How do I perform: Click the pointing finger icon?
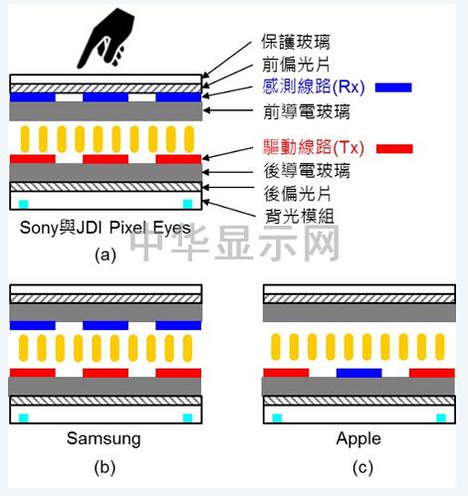click(106, 38)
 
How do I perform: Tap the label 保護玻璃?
click(296, 42)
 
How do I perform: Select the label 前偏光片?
click(296, 64)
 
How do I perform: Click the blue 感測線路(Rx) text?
click(314, 86)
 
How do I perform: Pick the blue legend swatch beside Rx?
click(393, 87)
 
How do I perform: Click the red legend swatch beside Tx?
click(394, 149)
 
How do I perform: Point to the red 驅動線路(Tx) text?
click(314, 147)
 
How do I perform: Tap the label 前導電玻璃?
click(307, 111)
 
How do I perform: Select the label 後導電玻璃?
click(307, 171)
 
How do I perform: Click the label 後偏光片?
click(298, 194)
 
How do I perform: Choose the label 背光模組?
click(300, 216)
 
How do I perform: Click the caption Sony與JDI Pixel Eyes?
click(106, 228)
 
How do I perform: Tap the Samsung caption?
click(104, 438)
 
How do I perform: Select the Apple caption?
click(358, 438)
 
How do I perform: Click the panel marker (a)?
click(106, 255)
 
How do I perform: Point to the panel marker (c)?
click(362, 468)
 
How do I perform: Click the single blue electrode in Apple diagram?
click(359, 373)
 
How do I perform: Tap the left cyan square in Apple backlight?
click(277, 417)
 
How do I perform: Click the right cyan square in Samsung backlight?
click(188, 417)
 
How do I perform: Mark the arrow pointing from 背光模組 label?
click(229, 209)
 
